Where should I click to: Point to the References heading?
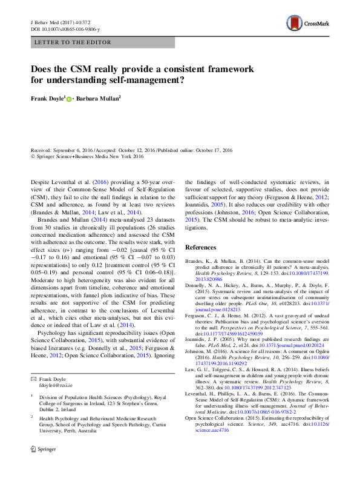(200, 248)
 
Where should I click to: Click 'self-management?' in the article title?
(157, 79)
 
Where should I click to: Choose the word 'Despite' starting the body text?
(41, 182)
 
